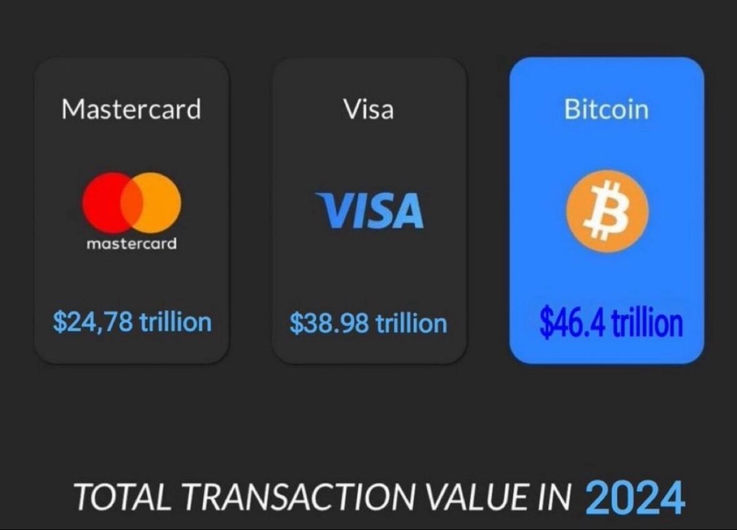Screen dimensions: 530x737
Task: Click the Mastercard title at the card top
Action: pos(131,109)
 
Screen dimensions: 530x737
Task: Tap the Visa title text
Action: pos(369,109)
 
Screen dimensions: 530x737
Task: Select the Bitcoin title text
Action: pos(606,109)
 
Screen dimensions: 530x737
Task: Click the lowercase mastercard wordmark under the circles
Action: pos(131,243)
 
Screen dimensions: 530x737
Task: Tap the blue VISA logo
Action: pos(369,211)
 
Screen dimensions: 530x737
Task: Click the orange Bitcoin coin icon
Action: pos(607,211)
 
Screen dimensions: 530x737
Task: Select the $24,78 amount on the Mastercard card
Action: pos(93,322)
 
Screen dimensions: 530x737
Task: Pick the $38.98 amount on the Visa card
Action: pos(329,323)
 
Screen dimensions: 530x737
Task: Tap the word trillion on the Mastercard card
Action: pos(175,322)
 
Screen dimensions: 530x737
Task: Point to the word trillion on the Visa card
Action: pos(411,323)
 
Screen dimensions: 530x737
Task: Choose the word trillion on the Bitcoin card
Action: pos(646,323)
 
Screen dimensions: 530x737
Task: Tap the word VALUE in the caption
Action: pos(468,497)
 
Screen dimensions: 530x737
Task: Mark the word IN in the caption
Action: pos(553,497)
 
